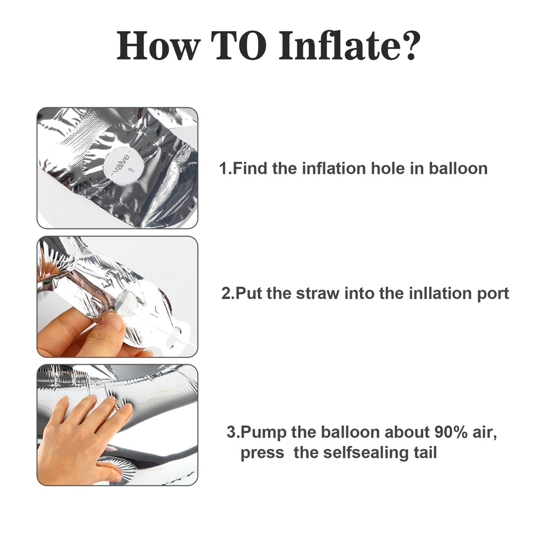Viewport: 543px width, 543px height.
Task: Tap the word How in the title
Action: pos(158,46)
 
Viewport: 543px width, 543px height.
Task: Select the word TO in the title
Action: pos(239,46)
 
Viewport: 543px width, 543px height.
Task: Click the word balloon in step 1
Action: pos(458,169)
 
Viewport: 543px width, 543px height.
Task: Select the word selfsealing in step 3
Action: pos(366,453)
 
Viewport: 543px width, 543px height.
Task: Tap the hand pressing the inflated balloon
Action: pos(83,440)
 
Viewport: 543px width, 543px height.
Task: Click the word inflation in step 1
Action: pos(334,169)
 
